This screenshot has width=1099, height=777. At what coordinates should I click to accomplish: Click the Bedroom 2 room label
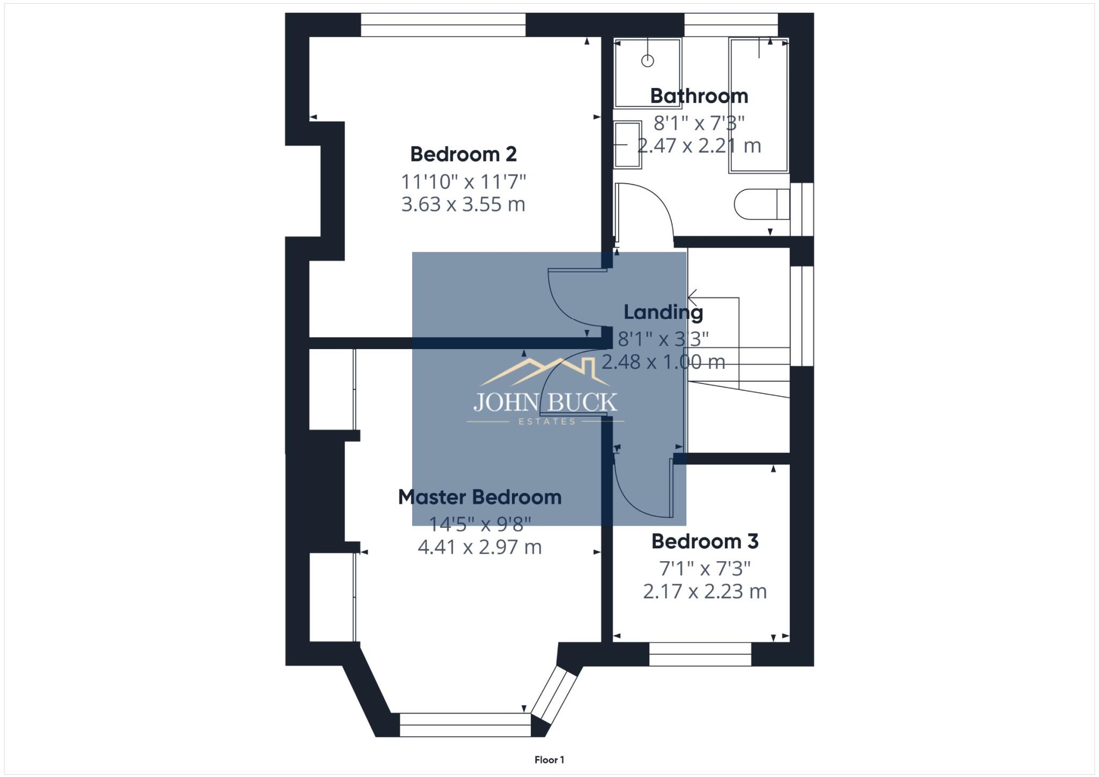click(463, 154)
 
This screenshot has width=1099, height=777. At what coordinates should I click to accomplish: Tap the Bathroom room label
click(699, 96)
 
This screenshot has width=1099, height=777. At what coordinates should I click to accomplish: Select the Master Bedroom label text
click(479, 497)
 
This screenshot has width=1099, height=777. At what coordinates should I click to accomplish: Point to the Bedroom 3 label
click(705, 541)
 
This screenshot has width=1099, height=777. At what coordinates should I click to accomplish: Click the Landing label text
click(663, 312)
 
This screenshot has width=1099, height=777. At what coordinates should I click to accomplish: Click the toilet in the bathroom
click(761, 204)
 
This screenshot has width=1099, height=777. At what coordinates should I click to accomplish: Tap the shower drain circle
click(648, 61)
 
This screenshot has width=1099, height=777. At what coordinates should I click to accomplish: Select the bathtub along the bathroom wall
click(758, 105)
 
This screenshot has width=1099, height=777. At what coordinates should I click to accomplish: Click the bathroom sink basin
click(627, 144)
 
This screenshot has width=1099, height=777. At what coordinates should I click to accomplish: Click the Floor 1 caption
click(549, 760)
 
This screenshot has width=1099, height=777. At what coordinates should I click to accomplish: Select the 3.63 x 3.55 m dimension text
click(463, 205)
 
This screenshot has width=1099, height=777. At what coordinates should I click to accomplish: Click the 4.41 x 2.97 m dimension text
click(479, 547)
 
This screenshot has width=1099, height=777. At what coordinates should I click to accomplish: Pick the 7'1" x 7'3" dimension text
click(705, 568)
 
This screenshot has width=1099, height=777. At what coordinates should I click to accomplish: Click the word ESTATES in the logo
click(546, 422)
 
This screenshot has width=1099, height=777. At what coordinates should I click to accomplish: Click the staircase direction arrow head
click(692, 297)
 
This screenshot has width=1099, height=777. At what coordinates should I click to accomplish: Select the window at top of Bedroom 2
click(443, 25)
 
